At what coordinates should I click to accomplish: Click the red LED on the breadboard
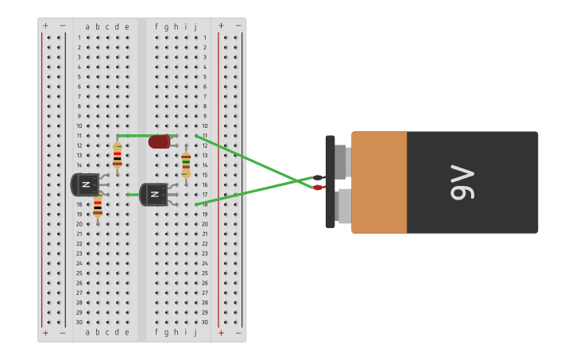pyautogui.click(x=159, y=141)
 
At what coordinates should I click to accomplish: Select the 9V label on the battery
pyautogui.click(x=462, y=182)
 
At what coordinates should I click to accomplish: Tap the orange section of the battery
pyautogui.click(x=379, y=182)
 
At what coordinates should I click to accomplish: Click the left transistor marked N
pyautogui.click(x=85, y=184)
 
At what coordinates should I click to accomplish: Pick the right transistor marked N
pyautogui.click(x=154, y=195)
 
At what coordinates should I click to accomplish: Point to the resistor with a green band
pyautogui.click(x=186, y=165)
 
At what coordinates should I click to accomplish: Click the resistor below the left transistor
pyautogui.click(x=98, y=207)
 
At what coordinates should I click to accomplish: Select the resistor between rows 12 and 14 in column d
pyautogui.click(x=117, y=155)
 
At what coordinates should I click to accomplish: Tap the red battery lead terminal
pyautogui.click(x=318, y=188)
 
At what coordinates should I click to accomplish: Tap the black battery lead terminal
pyautogui.click(x=318, y=178)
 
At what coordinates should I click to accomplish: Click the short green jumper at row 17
pyautogui.click(x=133, y=195)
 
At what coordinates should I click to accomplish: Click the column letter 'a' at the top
pyautogui.click(x=87, y=26)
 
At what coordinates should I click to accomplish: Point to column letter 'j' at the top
pyautogui.click(x=195, y=26)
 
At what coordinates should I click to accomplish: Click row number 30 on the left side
pyautogui.click(x=79, y=322)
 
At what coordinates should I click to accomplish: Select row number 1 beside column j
pyautogui.click(x=204, y=37)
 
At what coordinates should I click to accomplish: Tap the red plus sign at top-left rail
pyautogui.click(x=45, y=25)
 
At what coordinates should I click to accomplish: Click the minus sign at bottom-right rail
pyautogui.click(x=238, y=333)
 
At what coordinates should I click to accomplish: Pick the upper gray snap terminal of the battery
pyautogui.click(x=342, y=161)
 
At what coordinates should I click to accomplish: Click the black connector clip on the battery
pyautogui.click(x=330, y=182)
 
